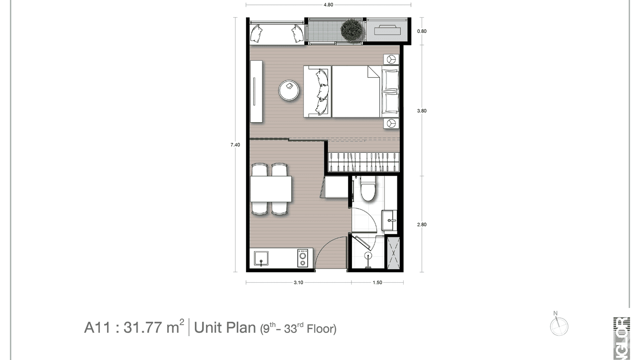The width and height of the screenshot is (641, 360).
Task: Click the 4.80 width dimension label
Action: click(x=328, y=5)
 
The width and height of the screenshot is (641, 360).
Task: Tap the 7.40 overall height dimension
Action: click(x=235, y=145)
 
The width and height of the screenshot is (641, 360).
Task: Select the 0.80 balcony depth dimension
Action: click(x=421, y=32)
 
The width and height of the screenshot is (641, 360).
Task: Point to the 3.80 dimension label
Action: click(x=421, y=111)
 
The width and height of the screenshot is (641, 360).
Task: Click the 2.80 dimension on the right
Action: click(x=421, y=224)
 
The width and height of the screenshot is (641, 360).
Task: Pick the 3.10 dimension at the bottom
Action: click(x=298, y=283)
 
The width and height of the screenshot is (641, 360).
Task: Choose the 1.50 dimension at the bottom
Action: click(x=377, y=283)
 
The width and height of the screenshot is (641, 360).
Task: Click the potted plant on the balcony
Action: click(x=352, y=30)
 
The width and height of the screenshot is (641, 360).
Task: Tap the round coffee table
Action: click(x=289, y=89)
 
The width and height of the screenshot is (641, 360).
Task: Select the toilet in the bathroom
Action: click(x=368, y=189)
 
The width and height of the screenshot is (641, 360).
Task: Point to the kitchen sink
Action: click(x=261, y=259)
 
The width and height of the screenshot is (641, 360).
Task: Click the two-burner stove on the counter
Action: click(x=302, y=258)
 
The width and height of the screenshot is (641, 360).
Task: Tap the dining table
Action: click(x=271, y=189)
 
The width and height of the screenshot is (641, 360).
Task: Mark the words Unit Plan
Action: click(x=225, y=328)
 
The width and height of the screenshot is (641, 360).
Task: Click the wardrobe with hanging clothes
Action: click(x=363, y=161)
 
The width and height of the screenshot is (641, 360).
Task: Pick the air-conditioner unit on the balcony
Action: click(x=387, y=30)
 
